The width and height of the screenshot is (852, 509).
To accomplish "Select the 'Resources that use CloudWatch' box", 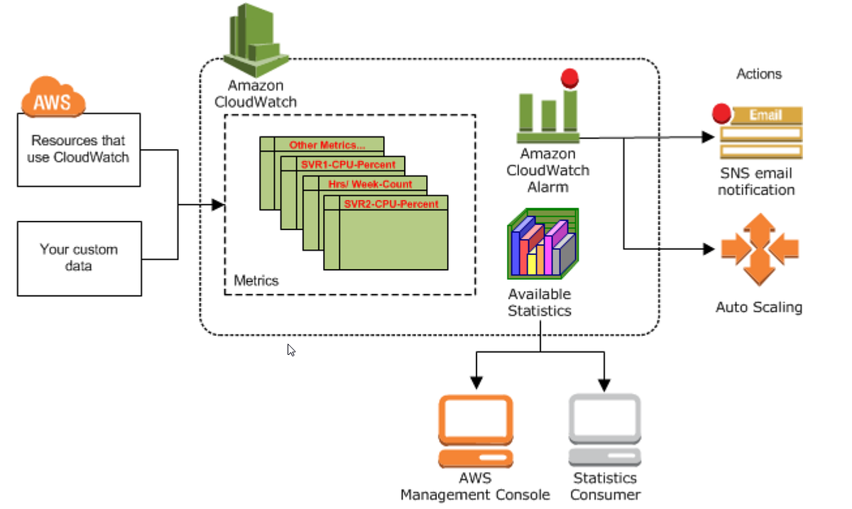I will pyautogui.click(x=78, y=149).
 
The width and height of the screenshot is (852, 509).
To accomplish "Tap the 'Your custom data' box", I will pyautogui.click(x=78, y=258).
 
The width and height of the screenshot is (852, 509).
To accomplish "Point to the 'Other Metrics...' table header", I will pyautogui.click(x=327, y=145).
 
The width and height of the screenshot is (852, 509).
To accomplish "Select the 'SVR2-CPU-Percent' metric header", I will pyautogui.click(x=390, y=204).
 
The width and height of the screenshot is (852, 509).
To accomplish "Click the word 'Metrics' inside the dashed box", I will pyautogui.click(x=256, y=280).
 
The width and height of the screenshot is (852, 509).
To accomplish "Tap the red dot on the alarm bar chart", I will pyautogui.click(x=569, y=78).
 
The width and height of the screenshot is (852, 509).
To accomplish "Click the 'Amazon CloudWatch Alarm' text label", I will pyautogui.click(x=547, y=170).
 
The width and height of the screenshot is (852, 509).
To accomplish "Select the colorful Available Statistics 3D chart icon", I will pyautogui.click(x=543, y=243).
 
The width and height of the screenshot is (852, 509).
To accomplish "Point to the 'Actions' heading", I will pyautogui.click(x=759, y=74).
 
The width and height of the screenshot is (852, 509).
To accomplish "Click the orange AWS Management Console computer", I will pyautogui.click(x=475, y=430).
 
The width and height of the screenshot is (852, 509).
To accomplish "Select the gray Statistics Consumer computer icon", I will pyautogui.click(x=605, y=430).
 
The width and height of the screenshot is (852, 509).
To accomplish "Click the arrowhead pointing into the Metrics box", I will pyautogui.click(x=219, y=205).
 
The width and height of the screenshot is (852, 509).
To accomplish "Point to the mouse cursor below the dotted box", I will pyautogui.click(x=291, y=349).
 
